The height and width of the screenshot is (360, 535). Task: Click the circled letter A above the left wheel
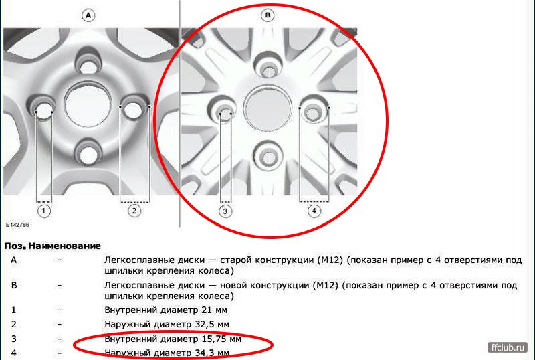coord(88,15)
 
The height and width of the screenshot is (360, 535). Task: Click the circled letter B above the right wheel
coord(267,15)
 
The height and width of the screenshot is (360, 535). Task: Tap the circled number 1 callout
coord(43,211)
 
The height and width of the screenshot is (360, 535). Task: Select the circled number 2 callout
coord(134,211)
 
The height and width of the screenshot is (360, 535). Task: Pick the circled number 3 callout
coord(225,211)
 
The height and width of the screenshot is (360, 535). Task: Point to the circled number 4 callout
coord(314,211)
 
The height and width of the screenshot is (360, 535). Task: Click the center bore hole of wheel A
coord(88,105)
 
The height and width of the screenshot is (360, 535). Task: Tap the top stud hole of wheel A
coord(89,67)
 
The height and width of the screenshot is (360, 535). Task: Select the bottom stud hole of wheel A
coord(89,155)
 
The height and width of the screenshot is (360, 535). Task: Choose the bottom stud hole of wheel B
coord(269,156)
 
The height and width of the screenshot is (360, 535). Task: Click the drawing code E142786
coord(17,225)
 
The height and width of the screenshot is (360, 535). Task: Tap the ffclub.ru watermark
coord(508,348)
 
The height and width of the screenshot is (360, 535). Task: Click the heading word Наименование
coord(65,246)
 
